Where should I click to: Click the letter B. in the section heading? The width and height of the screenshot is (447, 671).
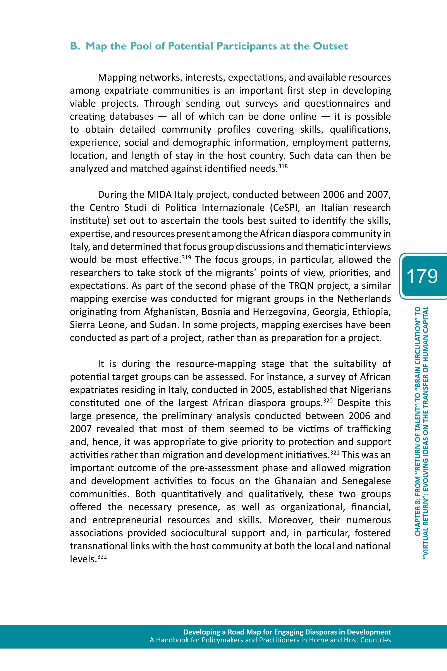(75, 46)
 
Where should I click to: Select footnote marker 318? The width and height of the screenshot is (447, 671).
(283, 166)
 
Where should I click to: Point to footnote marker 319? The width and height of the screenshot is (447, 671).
(186, 257)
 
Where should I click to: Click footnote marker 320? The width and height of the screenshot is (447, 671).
(328, 400)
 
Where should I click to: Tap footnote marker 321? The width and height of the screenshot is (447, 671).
(335, 452)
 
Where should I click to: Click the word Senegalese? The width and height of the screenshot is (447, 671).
(366, 481)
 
